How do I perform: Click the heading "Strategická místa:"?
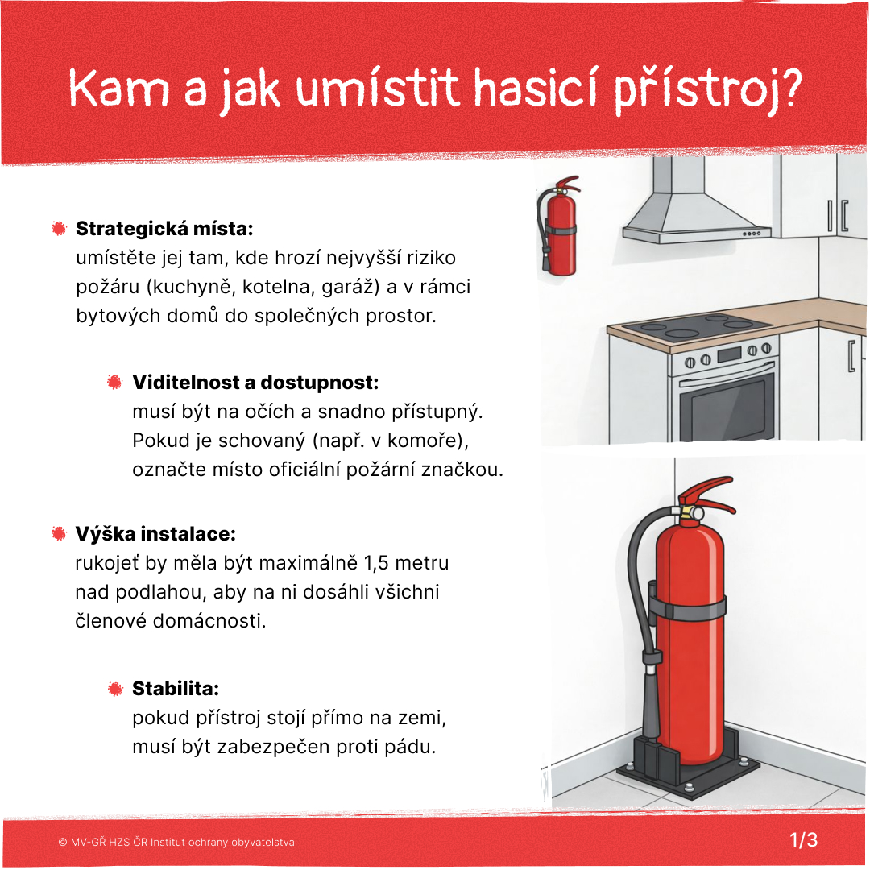pos(164,229)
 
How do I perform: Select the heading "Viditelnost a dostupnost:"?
pos(255,382)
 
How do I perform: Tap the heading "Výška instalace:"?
pos(155,534)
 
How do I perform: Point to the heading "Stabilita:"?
pos(176,689)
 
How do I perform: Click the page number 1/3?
pos(803,840)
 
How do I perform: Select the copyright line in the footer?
pos(176,842)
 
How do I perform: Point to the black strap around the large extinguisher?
pos(689,608)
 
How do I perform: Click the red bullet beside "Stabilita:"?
pos(115,689)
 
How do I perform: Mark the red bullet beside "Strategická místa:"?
pos(59,229)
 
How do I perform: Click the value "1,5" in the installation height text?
pos(379,562)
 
